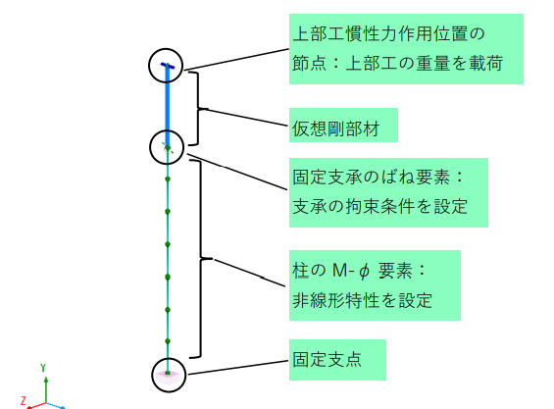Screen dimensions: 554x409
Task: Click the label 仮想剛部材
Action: pyautogui.click(x=335, y=128)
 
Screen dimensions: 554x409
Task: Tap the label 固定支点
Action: pyautogui.click(x=327, y=359)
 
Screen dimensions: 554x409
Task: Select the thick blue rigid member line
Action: pyautogui.click(x=168, y=106)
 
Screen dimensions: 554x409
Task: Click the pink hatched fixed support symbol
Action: pyautogui.click(x=169, y=377)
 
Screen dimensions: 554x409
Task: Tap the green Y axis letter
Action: pyautogui.click(x=43, y=368)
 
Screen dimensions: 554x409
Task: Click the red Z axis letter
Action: pyautogui.click(x=24, y=400)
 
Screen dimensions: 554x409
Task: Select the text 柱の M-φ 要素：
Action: pyautogui.click(x=359, y=271)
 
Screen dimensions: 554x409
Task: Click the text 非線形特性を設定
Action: pyautogui.click(x=362, y=300)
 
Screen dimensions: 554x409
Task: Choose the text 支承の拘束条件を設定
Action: pyautogui.click(x=380, y=206)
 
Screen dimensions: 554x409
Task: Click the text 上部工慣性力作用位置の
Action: pyautogui.click(x=388, y=34)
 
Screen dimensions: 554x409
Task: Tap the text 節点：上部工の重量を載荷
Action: pyautogui.click(x=398, y=64)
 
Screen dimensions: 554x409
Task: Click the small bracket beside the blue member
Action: pyautogui.click(x=198, y=108)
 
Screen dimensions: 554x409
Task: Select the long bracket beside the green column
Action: pyautogui.click(x=201, y=259)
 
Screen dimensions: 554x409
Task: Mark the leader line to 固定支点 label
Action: pyautogui.click(x=238, y=367)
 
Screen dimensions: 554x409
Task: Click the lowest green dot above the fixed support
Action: pyautogui.click(x=168, y=341)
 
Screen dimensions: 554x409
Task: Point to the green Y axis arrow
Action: pyautogui.click(x=46, y=390)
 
